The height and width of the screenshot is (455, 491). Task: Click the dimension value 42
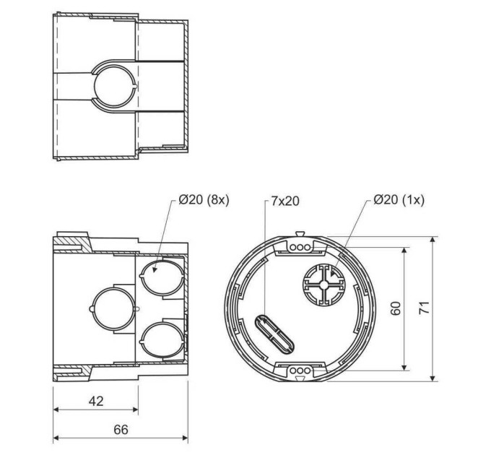tap(96, 401)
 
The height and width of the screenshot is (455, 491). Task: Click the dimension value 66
tap(121, 430)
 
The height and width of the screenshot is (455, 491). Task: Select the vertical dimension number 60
tap(396, 308)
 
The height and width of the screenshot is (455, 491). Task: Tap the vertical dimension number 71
tap(424, 308)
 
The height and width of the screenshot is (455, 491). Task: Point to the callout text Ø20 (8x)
tap(204, 200)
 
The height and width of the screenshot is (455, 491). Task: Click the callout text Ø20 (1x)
tap(399, 199)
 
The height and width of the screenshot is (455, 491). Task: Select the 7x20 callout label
tap(285, 201)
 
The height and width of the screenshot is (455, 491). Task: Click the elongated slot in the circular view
tap(274, 334)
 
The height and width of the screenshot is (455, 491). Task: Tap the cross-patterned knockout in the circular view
tap(323, 285)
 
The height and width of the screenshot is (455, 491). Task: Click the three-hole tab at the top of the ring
tap(300, 247)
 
